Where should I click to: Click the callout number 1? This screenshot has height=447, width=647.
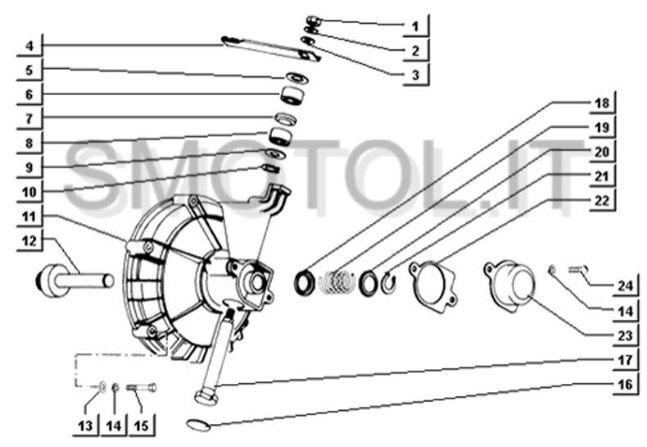tap(415, 26)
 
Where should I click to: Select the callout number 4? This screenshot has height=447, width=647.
tap(29, 45)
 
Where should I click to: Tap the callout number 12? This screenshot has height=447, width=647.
tap(29, 240)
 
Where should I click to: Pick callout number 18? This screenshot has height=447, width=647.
tap(602, 103)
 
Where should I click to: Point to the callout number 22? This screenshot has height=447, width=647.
tap(602, 200)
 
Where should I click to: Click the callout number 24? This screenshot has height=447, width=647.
tap(625, 286)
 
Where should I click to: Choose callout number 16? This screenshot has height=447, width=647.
tap(625, 384)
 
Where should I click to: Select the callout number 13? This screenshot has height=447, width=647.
tap(85, 425)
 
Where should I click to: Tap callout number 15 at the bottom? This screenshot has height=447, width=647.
tap(142, 425)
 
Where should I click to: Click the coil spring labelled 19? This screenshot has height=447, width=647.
tap(337, 282)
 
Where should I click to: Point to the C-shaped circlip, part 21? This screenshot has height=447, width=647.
tap(388, 283)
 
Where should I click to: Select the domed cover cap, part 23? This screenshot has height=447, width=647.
tap(510, 285)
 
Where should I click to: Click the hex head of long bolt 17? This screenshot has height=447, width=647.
tap(206, 398)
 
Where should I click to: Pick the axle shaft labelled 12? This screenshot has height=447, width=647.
tap(75, 281)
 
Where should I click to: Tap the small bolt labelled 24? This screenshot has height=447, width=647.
tap(577, 270)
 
